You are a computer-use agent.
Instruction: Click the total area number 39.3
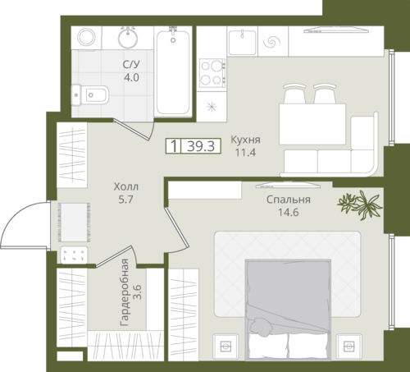click(x=201, y=146)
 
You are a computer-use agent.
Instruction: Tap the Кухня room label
click(x=245, y=140)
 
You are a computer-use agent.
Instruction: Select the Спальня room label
click(x=289, y=200)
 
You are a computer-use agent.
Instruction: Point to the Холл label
click(x=126, y=186)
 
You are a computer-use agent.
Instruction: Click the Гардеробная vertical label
click(x=125, y=292)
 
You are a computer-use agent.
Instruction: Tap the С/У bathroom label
click(x=131, y=64)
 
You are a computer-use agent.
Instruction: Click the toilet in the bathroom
click(x=90, y=95)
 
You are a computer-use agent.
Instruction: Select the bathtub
click(x=172, y=72)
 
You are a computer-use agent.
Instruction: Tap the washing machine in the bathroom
click(x=86, y=38)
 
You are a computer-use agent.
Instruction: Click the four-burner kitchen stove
click(x=212, y=73)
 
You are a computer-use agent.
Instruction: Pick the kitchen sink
click(x=243, y=42)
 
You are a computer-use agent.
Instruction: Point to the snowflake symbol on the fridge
click(x=212, y=107)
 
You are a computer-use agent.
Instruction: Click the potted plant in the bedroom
click(x=360, y=204)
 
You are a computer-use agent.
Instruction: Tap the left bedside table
click(x=225, y=347)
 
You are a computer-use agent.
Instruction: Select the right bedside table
click(x=348, y=347)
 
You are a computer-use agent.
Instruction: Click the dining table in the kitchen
click(x=312, y=124)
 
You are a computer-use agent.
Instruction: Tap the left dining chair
click(x=294, y=94)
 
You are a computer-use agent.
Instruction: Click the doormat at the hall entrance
click(x=74, y=223)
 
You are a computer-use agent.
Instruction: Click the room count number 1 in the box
click(x=174, y=146)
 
